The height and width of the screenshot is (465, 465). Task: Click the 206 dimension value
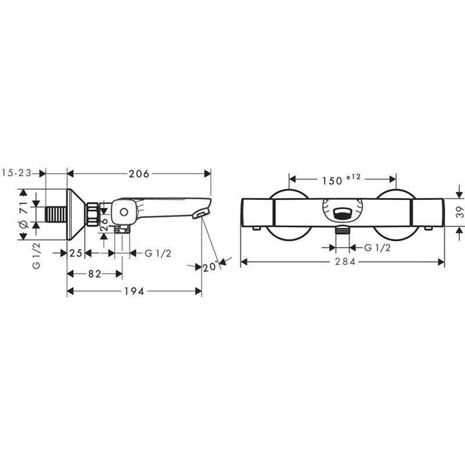(x=138, y=173)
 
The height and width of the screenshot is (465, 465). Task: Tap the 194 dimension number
(x=135, y=291)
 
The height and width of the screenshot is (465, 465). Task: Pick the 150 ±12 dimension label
(x=342, y=179)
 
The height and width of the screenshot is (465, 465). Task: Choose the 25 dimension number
(x=75, y=252)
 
